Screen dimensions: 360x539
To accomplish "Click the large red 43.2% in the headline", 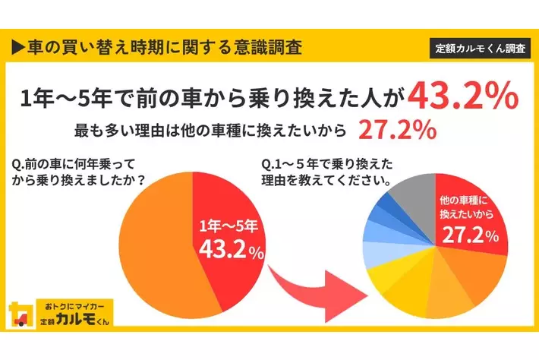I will (464, 96).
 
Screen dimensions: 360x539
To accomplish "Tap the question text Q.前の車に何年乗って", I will (70, 164).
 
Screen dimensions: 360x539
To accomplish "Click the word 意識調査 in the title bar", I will (269, 47).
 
